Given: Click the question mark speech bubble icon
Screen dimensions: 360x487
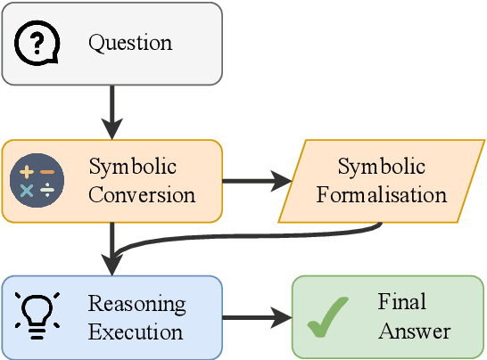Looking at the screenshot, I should coord(38,42).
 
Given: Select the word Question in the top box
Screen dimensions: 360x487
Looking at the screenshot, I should coord(130,43).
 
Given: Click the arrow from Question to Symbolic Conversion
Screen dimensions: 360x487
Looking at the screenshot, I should coord(112,111).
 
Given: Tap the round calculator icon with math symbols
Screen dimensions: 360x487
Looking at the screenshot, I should coord(37,180).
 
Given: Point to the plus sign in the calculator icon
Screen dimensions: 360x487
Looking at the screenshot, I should coord(27,170).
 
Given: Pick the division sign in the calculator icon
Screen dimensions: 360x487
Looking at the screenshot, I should coord(46,190).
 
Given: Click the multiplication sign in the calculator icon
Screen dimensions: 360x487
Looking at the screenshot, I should coord(27,190).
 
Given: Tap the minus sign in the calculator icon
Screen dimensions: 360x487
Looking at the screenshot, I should coord(46,170).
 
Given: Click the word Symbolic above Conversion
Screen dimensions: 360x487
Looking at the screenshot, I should coord(132,167).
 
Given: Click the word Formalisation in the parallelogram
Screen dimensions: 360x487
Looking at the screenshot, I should coord(381,194).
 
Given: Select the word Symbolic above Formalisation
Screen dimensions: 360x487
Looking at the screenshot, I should coord(381,167).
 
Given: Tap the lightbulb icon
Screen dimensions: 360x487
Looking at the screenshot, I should coord(38,317).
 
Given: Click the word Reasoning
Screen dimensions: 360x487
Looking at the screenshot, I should coord(136,304).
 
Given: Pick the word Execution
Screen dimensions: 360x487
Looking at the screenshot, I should coord(136,331).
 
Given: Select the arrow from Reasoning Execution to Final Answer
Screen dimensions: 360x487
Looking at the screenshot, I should coord(257,317).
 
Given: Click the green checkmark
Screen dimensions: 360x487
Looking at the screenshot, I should coord(327,318).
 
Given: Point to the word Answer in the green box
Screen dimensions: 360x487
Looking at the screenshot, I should coord(414,331).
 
